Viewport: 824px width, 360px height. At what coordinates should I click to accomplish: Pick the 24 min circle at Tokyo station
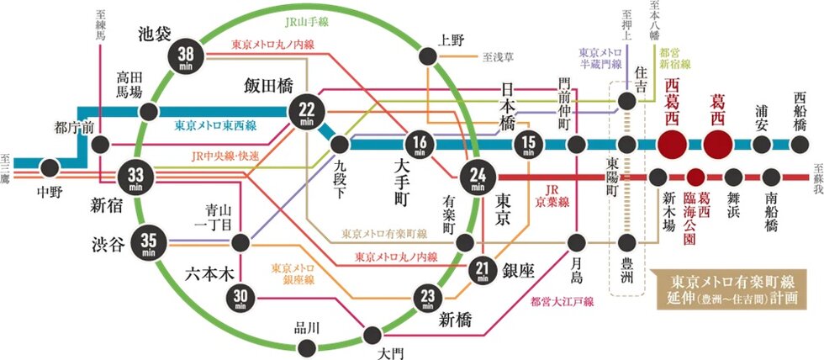(477, 177)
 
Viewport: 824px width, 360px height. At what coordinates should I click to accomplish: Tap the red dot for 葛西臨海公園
(695, 177)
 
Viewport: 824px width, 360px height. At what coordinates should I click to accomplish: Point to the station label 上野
(452, 39)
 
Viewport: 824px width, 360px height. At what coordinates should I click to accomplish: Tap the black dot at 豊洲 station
(626, 242)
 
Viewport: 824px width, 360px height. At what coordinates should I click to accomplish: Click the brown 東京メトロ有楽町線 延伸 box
(736, 289)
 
